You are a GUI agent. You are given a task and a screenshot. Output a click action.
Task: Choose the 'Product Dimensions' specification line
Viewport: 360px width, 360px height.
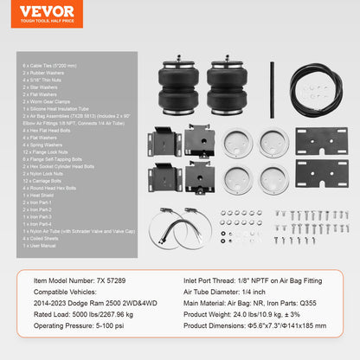pos(268,329)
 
